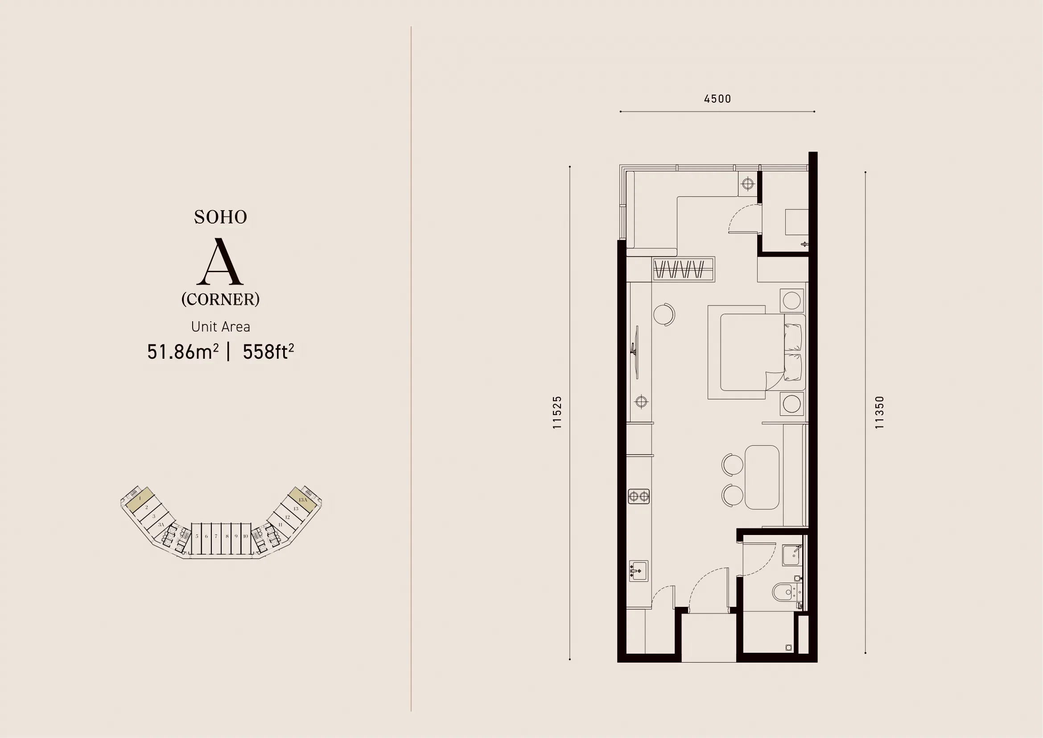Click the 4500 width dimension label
click(x=717, y=99)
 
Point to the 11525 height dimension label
click(x=557, y=412)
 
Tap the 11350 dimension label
click(x=879, y=412)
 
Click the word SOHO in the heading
click(x=221, y=217)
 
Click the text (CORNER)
click(x=220, y=299)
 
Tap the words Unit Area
click(x=220, y=326)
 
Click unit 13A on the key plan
click(x=303, y=499)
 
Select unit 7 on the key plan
click(x=216, y=536)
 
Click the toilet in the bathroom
click(x=782, y=592)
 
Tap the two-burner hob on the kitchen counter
click(x=639, y=496)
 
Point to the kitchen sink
click(x=638, y=571)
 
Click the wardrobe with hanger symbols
click(x=684, y=269)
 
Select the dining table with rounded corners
click(x=762, y=477)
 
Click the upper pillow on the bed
click(x=793, y=337)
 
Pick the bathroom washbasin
click(x=792, y=555)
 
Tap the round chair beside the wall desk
click(x=664, y=314)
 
